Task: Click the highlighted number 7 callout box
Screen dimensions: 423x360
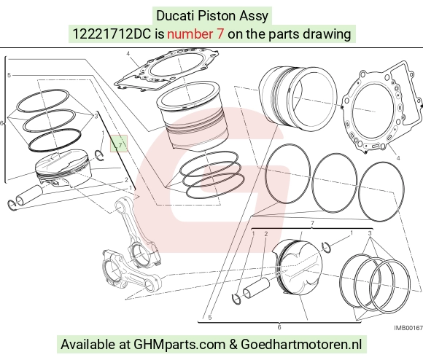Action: point(119,144)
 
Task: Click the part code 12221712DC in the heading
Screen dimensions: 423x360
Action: point(112,34)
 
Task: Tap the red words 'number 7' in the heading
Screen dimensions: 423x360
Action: point(195,34)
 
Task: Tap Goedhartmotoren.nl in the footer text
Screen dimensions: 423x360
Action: point(301,345)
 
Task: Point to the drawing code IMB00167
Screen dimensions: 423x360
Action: point(408,328)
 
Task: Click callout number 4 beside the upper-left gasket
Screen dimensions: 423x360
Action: point(128,54)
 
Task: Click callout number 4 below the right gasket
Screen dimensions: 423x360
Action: point(398,158)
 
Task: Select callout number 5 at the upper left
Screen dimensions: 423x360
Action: point(9,76)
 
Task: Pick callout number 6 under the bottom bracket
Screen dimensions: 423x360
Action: point(279,327)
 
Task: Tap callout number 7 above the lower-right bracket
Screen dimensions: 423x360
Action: point(312,223)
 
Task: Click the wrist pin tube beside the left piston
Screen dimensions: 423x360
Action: point(30,195)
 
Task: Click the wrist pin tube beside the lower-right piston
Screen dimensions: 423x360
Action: point(256,288)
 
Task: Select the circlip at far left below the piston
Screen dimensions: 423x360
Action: point(12,205)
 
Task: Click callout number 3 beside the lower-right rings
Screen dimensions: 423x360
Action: point(370,233)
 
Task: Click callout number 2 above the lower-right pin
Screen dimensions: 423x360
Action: point(266,234)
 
